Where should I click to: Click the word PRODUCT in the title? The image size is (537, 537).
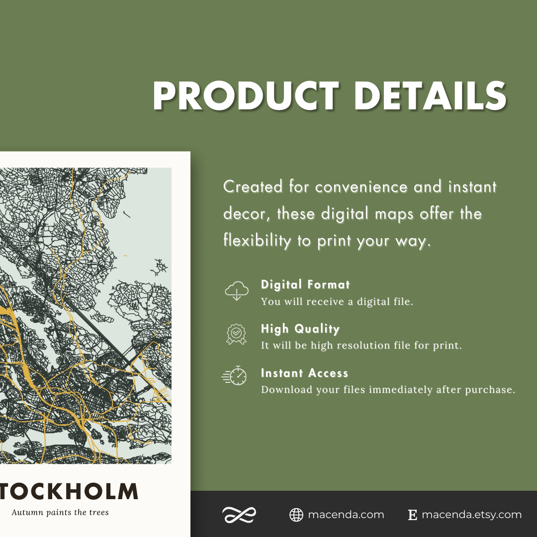(246, 95)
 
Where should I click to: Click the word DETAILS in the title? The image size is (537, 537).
(430, 95)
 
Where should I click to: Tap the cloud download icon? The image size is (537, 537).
(237, 291)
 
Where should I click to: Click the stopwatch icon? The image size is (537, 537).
(235, 376)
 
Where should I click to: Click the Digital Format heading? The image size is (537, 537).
(305, 284)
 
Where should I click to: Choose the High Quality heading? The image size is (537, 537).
(300, 329)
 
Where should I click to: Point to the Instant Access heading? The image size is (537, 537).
(304, 373)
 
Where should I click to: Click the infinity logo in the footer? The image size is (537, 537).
(239, 515)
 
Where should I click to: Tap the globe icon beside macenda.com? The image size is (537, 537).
(296, 515)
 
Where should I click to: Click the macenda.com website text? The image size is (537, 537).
(346, 515)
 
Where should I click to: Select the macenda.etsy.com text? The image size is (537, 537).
(471, 515)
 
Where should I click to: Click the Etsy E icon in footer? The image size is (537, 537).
(412, 515)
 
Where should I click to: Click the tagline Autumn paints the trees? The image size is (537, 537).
(60, 512)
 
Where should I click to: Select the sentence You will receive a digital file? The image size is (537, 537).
(337, 302)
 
